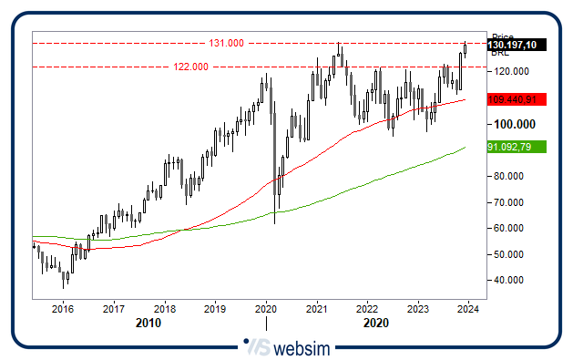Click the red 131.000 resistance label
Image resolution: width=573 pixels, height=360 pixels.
(226, 43)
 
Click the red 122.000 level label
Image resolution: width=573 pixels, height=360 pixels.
(191, 67)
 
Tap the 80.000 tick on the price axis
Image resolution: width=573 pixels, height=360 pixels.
(509, 176)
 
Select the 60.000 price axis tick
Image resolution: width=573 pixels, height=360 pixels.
(509, 228)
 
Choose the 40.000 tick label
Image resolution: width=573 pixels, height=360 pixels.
(509, 280)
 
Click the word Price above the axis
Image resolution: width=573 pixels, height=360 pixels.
(504, 36)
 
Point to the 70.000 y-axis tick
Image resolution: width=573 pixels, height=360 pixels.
(509, 202)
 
